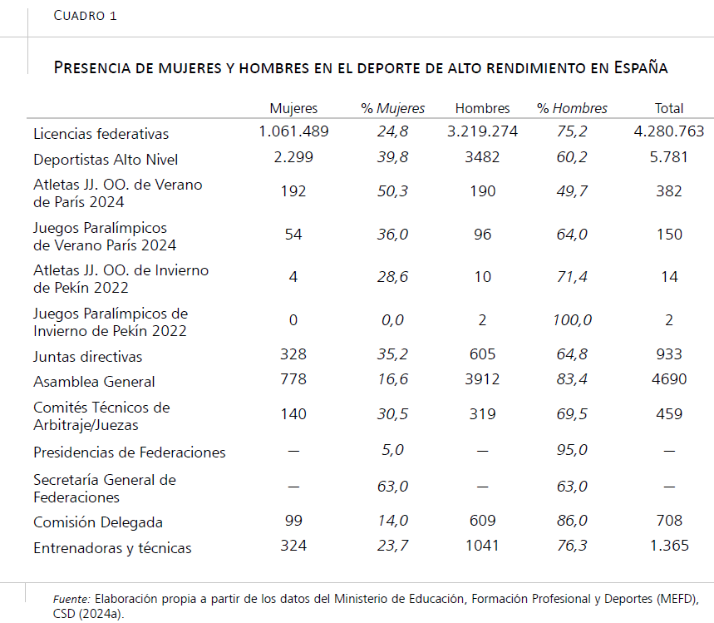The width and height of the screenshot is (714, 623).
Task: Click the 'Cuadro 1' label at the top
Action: (85, 16)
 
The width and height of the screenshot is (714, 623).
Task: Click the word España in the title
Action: (641, 67)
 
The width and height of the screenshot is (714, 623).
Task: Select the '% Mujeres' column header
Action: (392, 108)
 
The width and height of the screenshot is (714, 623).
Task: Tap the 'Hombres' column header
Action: (482, 108)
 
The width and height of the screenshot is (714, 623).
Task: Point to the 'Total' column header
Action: (669, 108)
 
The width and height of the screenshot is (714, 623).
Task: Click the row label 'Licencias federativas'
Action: (101, 134)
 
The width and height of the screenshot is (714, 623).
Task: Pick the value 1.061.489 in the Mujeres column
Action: (293, 131)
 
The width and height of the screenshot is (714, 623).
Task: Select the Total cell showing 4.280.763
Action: (669, 131)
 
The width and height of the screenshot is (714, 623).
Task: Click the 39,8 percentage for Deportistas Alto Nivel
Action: (392, 157)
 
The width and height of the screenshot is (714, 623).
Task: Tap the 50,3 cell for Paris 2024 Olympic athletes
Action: (392, 191)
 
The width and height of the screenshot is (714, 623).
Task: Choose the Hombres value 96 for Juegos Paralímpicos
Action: (482, 235)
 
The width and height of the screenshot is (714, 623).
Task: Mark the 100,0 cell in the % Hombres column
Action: (573, 320)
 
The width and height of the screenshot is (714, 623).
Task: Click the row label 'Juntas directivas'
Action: (87, 356)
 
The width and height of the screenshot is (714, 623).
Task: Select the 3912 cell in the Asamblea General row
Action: (482, 379)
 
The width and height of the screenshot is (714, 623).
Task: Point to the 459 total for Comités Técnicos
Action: (669, 414)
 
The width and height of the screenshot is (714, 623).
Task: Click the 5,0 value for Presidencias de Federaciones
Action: (392, 450)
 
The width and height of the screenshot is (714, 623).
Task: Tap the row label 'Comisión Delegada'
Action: (98, 522)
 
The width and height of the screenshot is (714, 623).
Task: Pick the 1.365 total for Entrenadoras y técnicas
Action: (669, 546)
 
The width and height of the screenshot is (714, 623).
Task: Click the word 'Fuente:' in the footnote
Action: (71, 599)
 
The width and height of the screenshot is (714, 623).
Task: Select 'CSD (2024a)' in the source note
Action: (88, 614)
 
